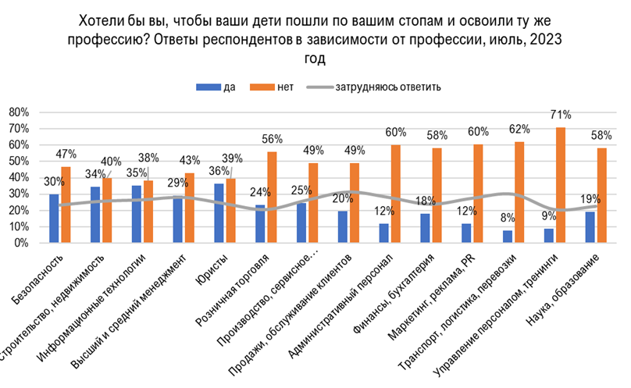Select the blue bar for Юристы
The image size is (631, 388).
click(x=219, y=213)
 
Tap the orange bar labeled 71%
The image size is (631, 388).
click(x=559, y=185)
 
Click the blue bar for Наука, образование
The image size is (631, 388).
click(x=590, y=227)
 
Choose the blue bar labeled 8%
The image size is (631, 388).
click(x=508, y=237)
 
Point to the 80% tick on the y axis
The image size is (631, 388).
click(x=17, y=112)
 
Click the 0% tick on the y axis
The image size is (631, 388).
click(x=20, y=243)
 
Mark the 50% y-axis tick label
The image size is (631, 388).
click(x=17, y=162)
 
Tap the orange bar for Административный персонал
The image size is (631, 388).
click(x=397, y=194)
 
